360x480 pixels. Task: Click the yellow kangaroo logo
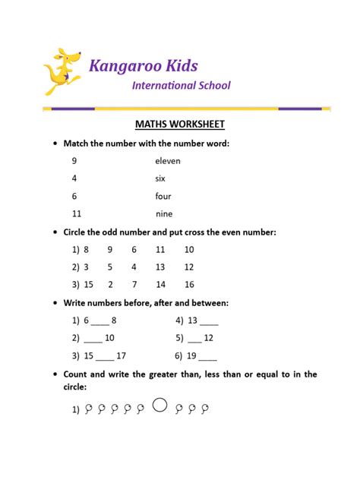(x=62, y=72)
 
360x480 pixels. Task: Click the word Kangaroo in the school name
(x=122, y=65)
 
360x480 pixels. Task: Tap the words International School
(x=181, y=86)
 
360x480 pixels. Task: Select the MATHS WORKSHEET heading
(x=179, y=124)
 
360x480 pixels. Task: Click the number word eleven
(x=168, y=161)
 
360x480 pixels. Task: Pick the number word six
(x=160, y=178)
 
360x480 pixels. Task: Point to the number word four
(x=163, y=196)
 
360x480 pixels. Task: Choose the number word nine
(x=163, y=214)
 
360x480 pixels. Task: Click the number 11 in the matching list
(x=77, y=214)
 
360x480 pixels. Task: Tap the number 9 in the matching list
(x=74, y=161)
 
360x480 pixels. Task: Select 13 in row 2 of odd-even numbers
(x=159, y=267)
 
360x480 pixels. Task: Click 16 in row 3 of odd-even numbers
(x=189, y=285)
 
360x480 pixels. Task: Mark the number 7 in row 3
(x=134, y=285)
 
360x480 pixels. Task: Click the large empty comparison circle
(x=159, y=406)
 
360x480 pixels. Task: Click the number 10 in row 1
(x=189, y=250)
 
